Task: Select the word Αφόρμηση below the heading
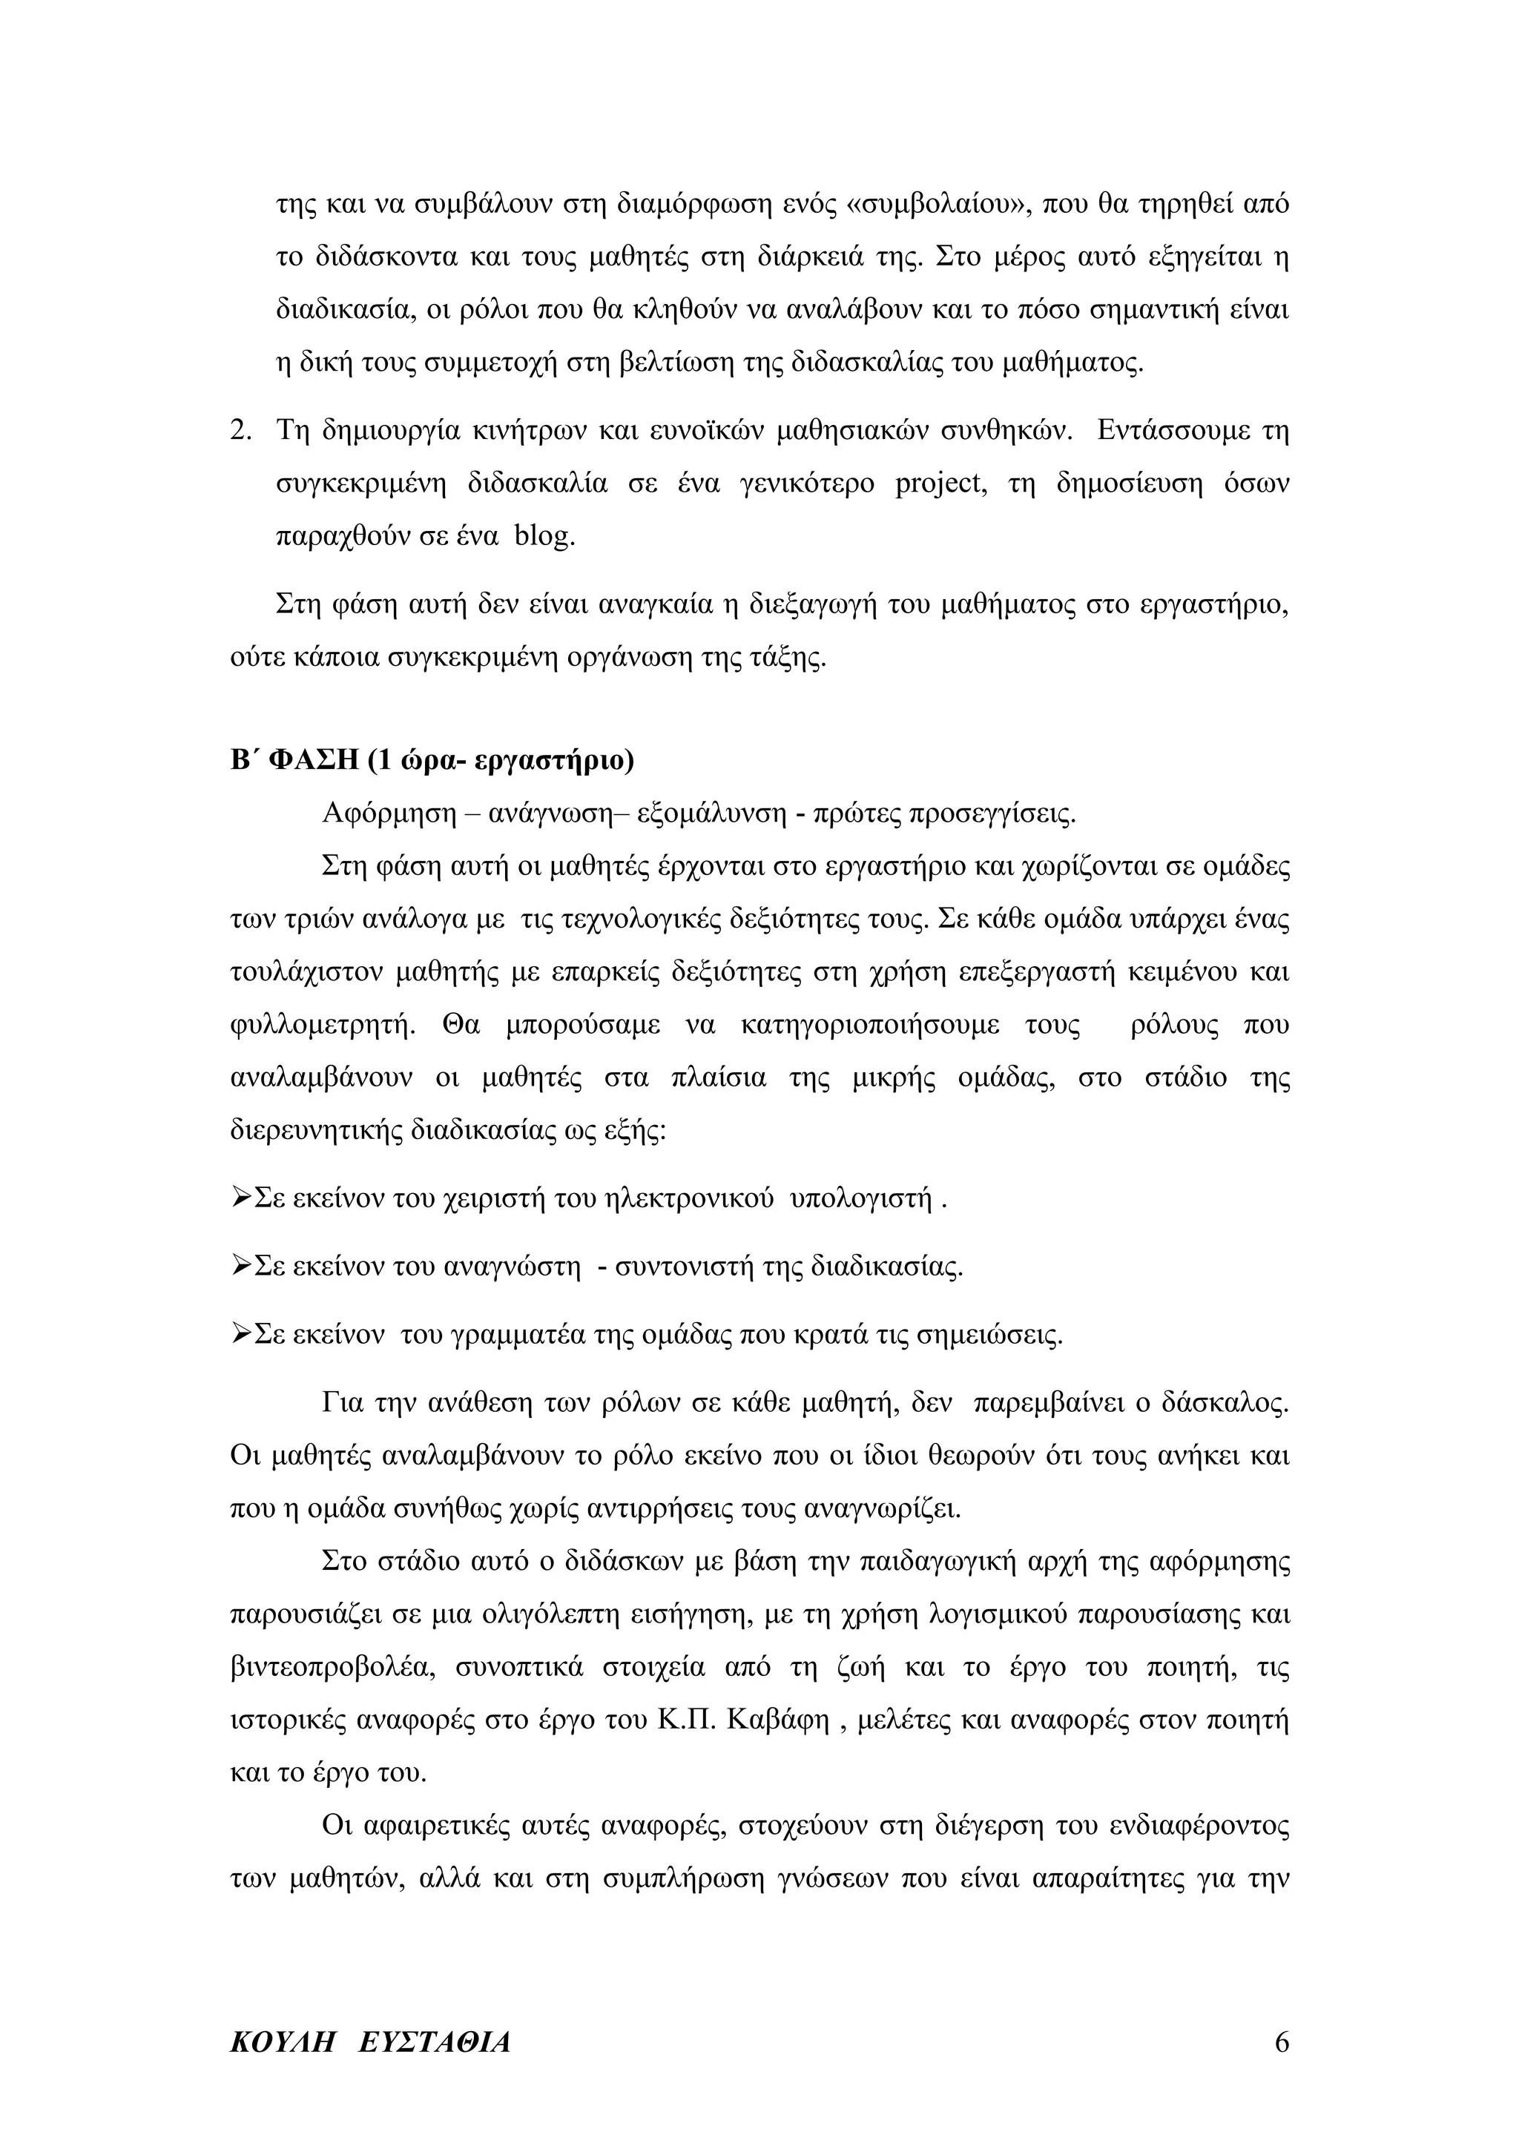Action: (x=386, y=813)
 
